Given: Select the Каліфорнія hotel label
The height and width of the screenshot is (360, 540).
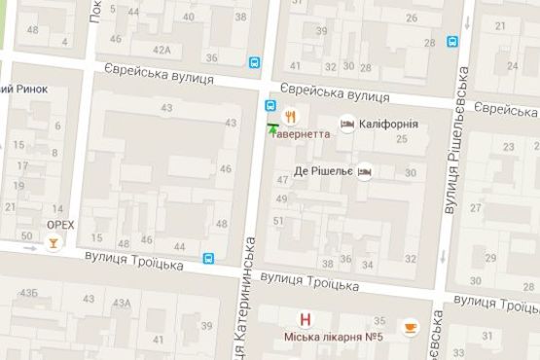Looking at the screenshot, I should pos(388,125).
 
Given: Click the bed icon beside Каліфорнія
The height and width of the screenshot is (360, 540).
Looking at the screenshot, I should pos(347,126).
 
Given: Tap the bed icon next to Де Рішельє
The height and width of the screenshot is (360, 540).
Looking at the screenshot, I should pos(365,170).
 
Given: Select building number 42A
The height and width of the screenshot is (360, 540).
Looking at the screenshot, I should pos(162,50).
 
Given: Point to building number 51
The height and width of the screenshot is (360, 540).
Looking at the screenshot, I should pos(278,221).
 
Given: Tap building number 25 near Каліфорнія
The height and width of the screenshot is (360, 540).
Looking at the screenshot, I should pos(402,139).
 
